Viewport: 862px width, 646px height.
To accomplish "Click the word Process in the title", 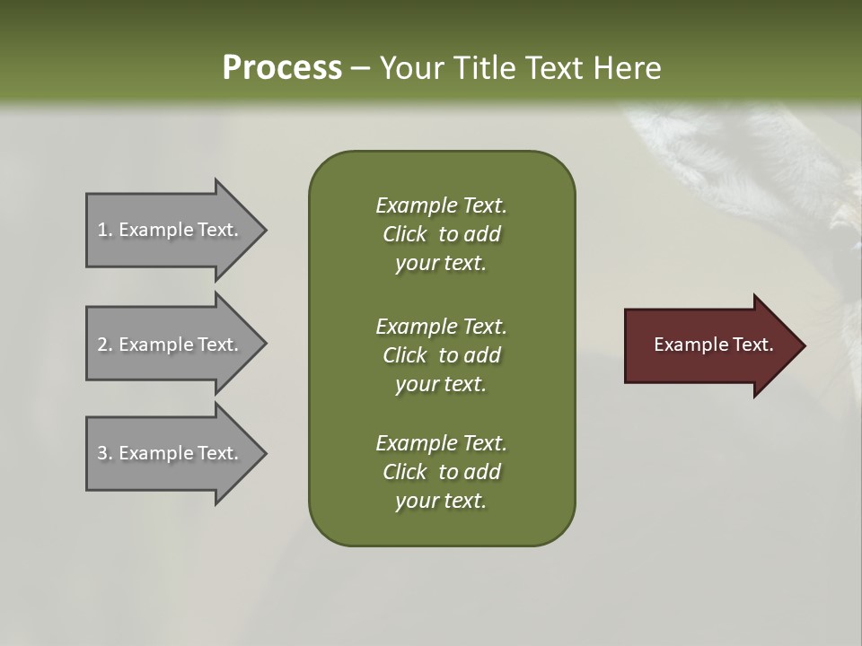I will tap(282, 68).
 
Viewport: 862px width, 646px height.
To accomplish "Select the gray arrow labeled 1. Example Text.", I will tap(171, 230).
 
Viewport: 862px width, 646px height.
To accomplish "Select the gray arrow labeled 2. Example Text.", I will tap(171, 345).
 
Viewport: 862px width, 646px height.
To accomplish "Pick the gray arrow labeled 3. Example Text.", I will tap(171, 453).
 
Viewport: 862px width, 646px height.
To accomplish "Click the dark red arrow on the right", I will tap(709, 345).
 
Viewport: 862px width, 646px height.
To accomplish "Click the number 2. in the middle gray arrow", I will tap(104, 345).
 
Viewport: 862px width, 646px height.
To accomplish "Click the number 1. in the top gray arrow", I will tap(104, 230).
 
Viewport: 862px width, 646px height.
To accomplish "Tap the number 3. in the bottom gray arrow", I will tap(104, 453).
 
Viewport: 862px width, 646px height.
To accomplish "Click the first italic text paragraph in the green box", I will tap(441, 234).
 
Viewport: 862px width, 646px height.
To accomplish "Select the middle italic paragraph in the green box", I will tap(441, 355).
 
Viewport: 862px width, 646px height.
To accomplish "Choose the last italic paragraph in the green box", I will tap(441, 472).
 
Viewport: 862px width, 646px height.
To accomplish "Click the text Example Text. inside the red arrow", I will tap(714, 345).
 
